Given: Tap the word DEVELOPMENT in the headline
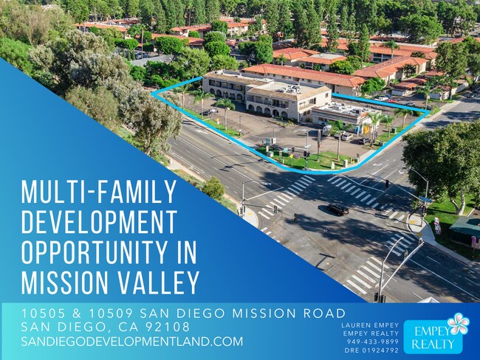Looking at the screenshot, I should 94,222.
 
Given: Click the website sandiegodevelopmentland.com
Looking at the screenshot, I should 132,342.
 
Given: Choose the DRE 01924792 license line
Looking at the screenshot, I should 372,350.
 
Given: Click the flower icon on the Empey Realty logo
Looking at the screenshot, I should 457,324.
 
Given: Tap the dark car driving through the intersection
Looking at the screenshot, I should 337,210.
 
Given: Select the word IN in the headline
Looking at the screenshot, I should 188,252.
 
